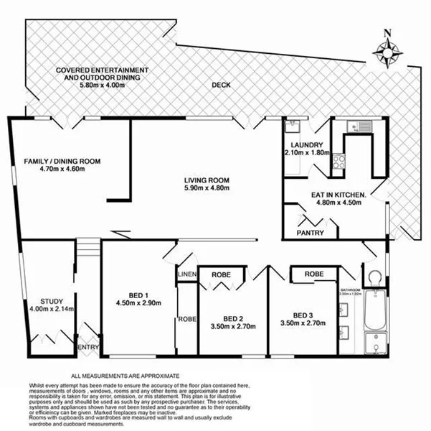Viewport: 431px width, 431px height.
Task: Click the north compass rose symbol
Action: click(x=387, y=50)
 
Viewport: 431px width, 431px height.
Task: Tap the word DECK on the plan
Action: click(x=222, y=85)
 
